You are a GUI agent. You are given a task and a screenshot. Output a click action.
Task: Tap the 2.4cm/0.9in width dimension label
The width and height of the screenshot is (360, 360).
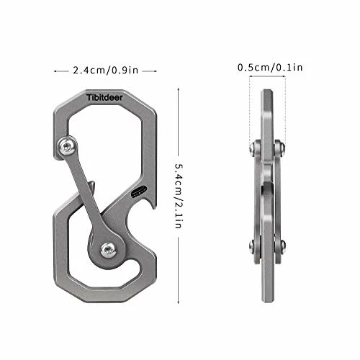[x=106, y=71]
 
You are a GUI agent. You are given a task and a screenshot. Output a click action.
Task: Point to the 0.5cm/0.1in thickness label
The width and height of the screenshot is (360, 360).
[x=270, y=67]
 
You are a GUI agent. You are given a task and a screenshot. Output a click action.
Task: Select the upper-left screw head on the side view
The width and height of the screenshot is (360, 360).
[x=253, y=149]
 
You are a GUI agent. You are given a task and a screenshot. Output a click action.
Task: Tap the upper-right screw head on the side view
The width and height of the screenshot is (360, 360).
[x=281, y=149]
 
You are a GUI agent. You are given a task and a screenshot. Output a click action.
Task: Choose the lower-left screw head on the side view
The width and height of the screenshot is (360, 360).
[x=253, y=246]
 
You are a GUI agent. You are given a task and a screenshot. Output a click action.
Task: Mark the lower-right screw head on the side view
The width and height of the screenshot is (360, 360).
[x=281, y=246]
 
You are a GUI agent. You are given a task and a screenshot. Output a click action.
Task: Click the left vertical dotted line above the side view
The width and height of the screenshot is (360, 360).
[x=250, y=108]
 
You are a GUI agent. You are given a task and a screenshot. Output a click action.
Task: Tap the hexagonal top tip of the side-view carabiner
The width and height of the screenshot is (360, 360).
[x=267, y=94]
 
